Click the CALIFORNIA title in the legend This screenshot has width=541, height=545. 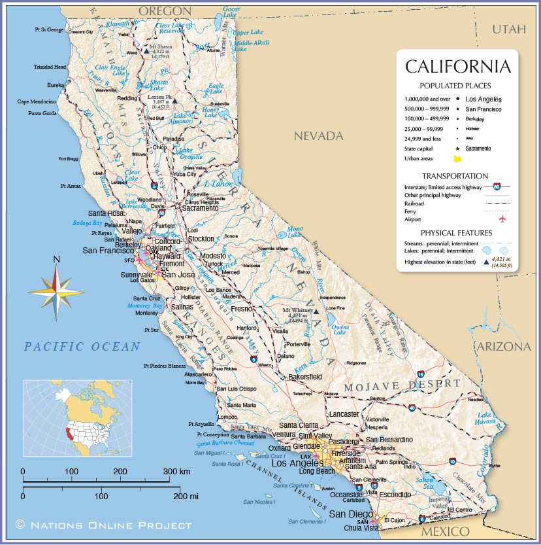(457, 67)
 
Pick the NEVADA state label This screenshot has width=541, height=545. (318, 136)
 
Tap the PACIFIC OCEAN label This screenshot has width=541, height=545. (82, 347)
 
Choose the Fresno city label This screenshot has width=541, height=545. (242, 308)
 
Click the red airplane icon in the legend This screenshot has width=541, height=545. (502, 219)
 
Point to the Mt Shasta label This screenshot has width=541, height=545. (160, 47)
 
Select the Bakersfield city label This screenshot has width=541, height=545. (306, 377)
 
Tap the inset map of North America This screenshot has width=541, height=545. (77, 418)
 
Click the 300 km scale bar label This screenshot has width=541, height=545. (176, 471)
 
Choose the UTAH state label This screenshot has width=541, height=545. (508, 29)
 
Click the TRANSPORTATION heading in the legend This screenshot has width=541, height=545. (455, 176)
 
